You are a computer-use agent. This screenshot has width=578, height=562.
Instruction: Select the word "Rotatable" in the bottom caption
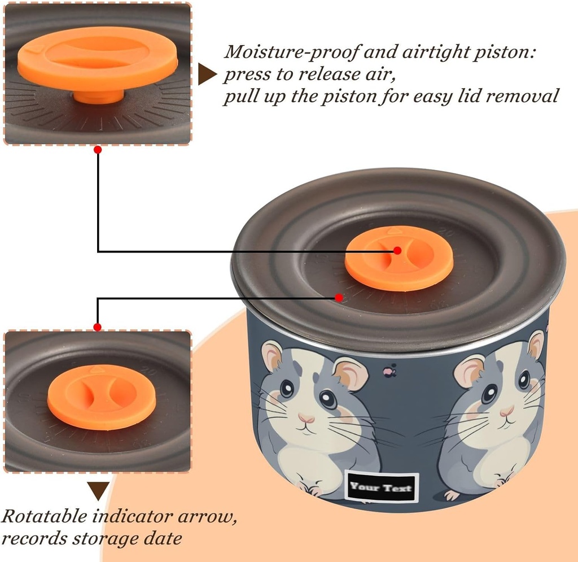(x=43, y=516)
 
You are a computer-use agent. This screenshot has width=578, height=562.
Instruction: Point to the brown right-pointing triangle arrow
(x=207, y=74)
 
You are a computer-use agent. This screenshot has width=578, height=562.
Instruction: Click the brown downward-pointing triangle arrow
(x=98, y=491)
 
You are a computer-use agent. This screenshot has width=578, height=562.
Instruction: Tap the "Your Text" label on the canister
(x=381, y=487)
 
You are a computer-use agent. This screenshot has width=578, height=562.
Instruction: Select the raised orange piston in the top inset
(x=98, y=63)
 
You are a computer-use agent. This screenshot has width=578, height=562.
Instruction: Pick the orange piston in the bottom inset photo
(x=102, y=397)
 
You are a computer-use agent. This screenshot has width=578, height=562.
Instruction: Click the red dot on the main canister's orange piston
(x=397, y=250)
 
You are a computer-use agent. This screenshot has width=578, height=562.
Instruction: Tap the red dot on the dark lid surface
(x=339, y=297)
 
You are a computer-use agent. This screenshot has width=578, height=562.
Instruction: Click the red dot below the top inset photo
(x=98, y=150)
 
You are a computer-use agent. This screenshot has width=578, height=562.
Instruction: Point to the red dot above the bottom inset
(x=97, y=327)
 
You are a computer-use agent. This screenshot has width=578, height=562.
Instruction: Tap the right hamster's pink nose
(x=507, y=411)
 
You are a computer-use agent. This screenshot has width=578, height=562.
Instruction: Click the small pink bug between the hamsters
(x=389, y=371)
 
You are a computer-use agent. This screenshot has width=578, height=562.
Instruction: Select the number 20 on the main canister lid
(x=448, y=232)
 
